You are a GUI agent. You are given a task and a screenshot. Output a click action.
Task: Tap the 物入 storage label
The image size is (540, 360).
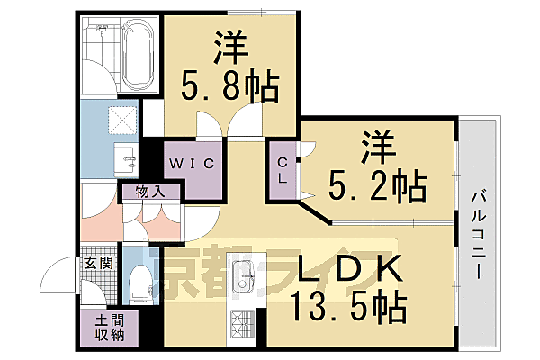click(150, 191)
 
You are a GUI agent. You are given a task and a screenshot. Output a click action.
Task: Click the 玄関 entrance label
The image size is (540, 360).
click(98, 263)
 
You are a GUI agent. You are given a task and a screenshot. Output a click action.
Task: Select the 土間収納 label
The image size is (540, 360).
click(98, 327)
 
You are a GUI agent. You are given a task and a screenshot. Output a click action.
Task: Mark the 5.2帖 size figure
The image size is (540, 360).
click(378, 186)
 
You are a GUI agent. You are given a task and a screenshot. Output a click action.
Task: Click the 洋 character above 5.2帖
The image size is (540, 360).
click(380, 146)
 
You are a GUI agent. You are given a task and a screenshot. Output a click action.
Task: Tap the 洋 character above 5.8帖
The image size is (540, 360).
click(230, 48)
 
